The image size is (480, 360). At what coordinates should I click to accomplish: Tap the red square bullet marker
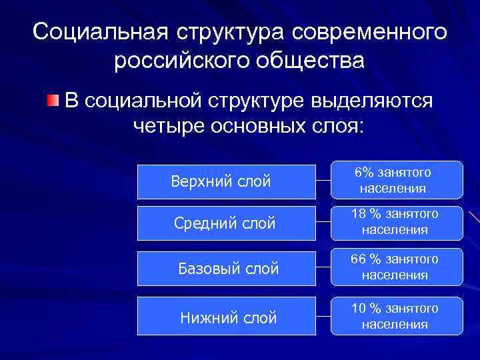pos(52,101)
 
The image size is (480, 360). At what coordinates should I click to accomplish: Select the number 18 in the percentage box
pos(359,214)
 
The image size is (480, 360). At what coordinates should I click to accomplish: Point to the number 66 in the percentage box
pos(359,259)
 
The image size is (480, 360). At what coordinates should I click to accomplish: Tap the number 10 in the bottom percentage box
pos(359,308)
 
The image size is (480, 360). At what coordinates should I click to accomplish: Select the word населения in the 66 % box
pos(395,275)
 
